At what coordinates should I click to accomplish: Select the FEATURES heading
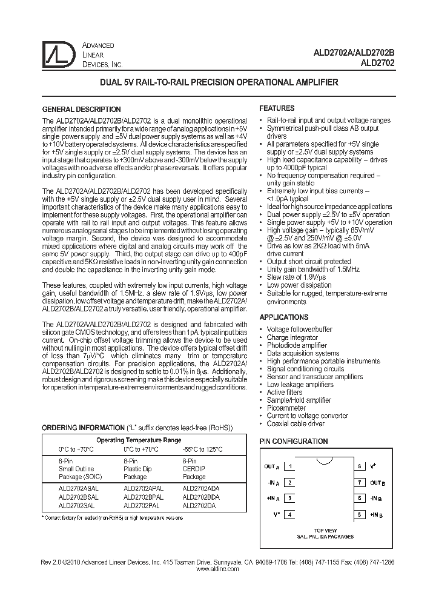pyautogui.click(x=277, y=108)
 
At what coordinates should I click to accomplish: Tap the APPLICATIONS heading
pyautogui.click(x=284, y=317)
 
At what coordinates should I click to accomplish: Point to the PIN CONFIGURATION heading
pyautogui.click(x=294, y=442)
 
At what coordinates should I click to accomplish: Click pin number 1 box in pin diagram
pyautogui.click(x=291, y=466)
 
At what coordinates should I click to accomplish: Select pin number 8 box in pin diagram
pyautogui.click(x=360, y=466)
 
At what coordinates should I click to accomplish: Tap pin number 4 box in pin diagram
pyautogui.click(x=291, y=515)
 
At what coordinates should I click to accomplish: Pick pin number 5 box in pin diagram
pyautogui.click(x=360, y=515)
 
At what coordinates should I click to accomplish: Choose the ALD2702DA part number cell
pyautogui.click(x=197, y=505)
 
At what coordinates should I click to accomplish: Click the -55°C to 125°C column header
pyautogui.click(x=202, y=449)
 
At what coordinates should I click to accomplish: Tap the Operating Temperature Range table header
pyautogui.click(x=139, y=440)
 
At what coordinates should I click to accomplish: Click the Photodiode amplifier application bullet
pyautogui.click(x=297, y=345)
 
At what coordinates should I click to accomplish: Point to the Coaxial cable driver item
pyautogui.click(x=296, y=424)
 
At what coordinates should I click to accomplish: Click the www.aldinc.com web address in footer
pyautogui.click(x=217, y=570)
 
